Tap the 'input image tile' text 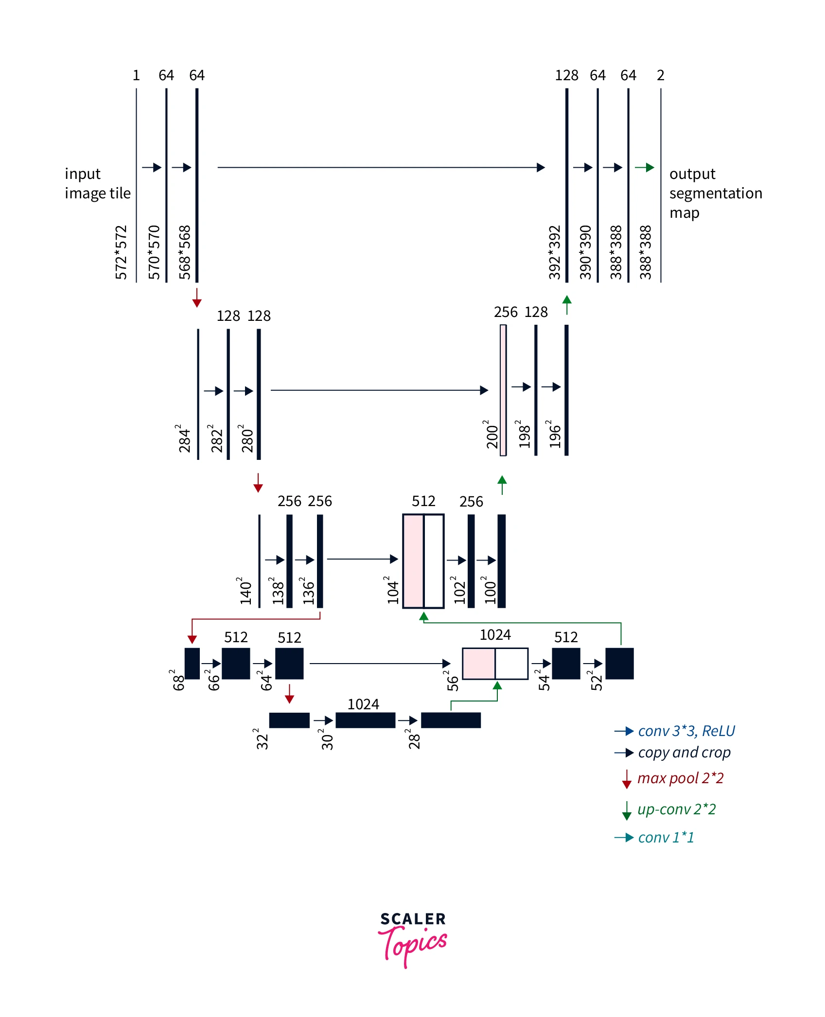coord(98,183)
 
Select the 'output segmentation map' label coord(715,193)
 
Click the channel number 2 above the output coord(660,75)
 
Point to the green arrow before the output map coord(645,167)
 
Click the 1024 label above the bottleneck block coord(363,704)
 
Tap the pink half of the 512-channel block coord(413,561)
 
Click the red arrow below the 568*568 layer coord(197,298)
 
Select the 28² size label coord(414,739)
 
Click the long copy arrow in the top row coord(381,167)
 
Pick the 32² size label coord(262,739)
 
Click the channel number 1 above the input coord(136,75)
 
